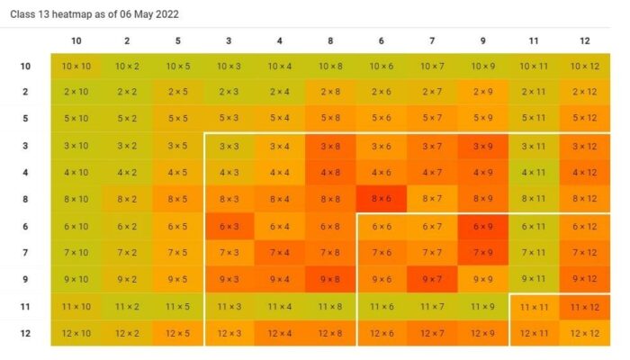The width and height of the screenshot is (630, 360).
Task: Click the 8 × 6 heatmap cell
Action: click(382, 199)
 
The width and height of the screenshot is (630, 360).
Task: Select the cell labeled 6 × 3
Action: click(229, 226)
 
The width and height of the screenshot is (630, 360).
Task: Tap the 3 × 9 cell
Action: click(483, 146)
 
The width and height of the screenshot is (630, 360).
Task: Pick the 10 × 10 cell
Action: click(76, 66)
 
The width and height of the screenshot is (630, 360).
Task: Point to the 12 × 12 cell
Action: click(585, 334)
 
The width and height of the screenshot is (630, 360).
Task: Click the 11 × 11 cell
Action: click(534, 307)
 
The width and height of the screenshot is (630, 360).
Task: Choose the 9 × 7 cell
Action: click(433, 280)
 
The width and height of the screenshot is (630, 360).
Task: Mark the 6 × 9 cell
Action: click(483, 226)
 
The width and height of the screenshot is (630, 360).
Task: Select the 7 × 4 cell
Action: click(280, 253)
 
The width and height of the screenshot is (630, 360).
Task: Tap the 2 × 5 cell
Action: click(178, 92)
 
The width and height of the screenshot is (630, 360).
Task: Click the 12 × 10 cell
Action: click(76, 334)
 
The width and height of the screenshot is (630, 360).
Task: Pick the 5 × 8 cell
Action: click(331, 118)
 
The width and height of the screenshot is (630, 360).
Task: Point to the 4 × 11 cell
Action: click(534, 172)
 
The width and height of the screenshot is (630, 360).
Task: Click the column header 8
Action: click(331, 40)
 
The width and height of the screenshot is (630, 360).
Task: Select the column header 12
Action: click(585, 40)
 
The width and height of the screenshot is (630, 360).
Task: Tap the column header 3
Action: click(229, 40)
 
